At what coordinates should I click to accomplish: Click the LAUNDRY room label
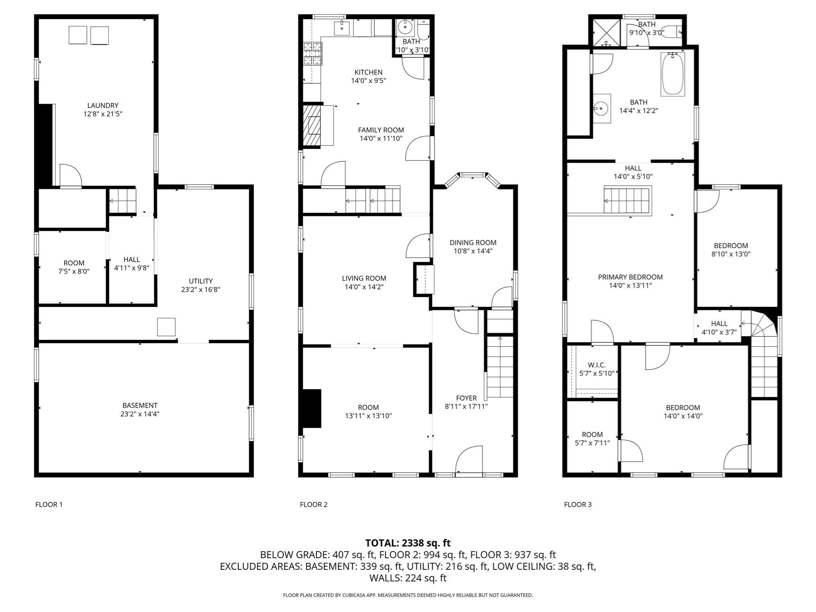coord(103,106)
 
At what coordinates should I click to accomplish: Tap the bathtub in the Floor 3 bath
coord(673,74)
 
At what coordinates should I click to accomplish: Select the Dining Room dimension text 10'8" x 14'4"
coord(473,251)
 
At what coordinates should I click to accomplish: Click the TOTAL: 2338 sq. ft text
coord(408,543)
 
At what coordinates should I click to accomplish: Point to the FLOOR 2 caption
coord(314,504)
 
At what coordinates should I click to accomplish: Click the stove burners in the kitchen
coord(313,54)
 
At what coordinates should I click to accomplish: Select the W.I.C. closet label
coord(596,365)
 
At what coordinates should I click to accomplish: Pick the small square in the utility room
coord(166,327)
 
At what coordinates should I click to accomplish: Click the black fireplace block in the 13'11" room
coord(312,408)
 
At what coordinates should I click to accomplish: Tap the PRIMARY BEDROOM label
coord(630,277)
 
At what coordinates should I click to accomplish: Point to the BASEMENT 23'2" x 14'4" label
coord(140,410)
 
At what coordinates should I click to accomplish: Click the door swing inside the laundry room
coord(71,176)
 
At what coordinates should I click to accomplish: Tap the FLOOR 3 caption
coord(578,504)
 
